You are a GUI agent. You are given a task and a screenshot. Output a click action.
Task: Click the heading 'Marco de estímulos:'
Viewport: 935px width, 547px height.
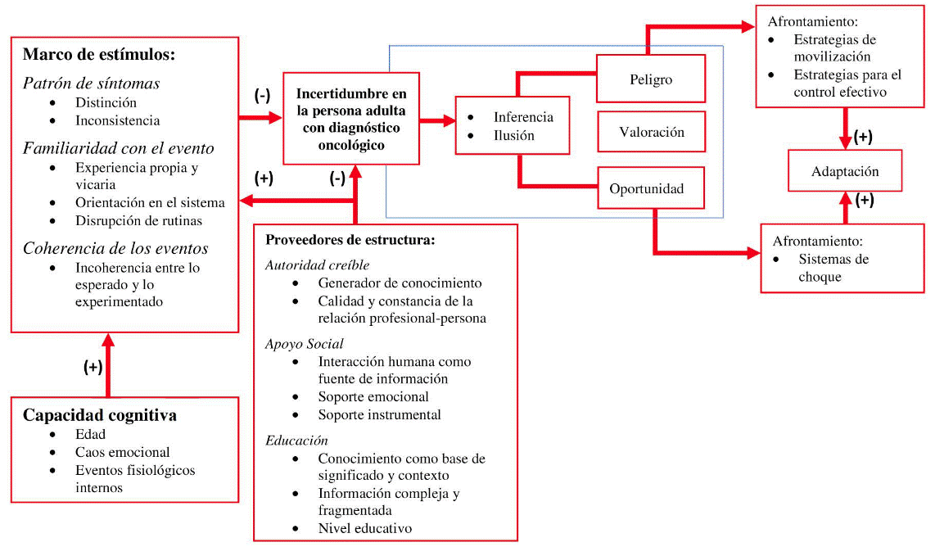point(99,55)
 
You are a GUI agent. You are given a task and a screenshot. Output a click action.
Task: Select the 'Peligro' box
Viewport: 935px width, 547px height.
point(651,79)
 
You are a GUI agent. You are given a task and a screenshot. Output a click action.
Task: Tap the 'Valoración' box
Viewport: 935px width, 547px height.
point(651,132)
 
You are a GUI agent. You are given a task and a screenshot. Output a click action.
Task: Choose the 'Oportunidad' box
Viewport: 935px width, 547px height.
point(651,188)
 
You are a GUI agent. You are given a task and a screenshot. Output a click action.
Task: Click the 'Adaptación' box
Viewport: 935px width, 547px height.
point(845,172)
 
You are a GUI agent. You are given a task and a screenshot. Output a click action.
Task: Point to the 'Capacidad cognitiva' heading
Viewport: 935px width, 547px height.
point(100,415)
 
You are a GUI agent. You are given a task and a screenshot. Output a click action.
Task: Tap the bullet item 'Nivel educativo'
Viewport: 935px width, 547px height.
point(364,528)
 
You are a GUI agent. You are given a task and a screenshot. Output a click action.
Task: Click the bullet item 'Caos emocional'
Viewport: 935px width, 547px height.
point(123,452)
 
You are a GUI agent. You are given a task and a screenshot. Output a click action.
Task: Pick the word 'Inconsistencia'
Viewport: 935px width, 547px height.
point(117,120)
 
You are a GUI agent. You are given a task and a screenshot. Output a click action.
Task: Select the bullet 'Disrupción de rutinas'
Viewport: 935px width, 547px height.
point(138,220)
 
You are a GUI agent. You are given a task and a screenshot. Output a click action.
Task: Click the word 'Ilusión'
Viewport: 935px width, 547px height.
point(513,135)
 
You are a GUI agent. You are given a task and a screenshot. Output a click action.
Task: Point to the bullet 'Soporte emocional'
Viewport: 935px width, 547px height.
point(373,396)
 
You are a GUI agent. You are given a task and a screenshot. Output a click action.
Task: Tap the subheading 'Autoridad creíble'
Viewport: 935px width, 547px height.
point(317,264)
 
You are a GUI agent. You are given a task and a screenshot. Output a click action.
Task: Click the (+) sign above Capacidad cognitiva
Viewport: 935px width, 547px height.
point(93,368)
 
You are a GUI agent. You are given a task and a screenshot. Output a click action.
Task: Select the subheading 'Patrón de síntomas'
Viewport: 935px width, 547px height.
point(91,84)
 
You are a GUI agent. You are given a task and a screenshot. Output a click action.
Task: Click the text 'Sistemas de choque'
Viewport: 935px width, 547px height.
point(821,268)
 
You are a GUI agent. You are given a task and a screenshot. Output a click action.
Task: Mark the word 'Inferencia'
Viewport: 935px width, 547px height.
point(523,117)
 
